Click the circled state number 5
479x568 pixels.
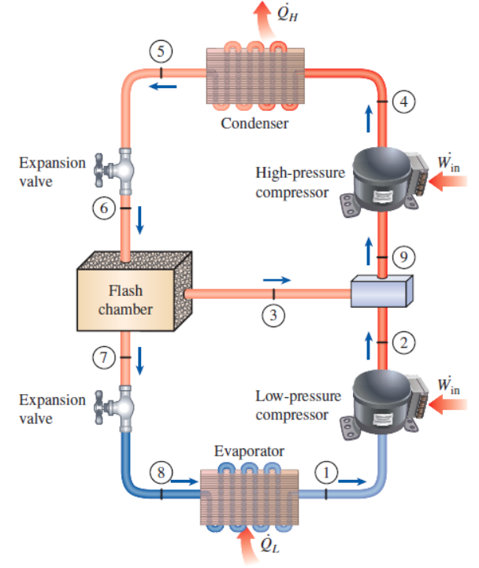pos(162,53)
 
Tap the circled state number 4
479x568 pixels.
pos(403,101)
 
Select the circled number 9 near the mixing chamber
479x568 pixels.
pos(403,256)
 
